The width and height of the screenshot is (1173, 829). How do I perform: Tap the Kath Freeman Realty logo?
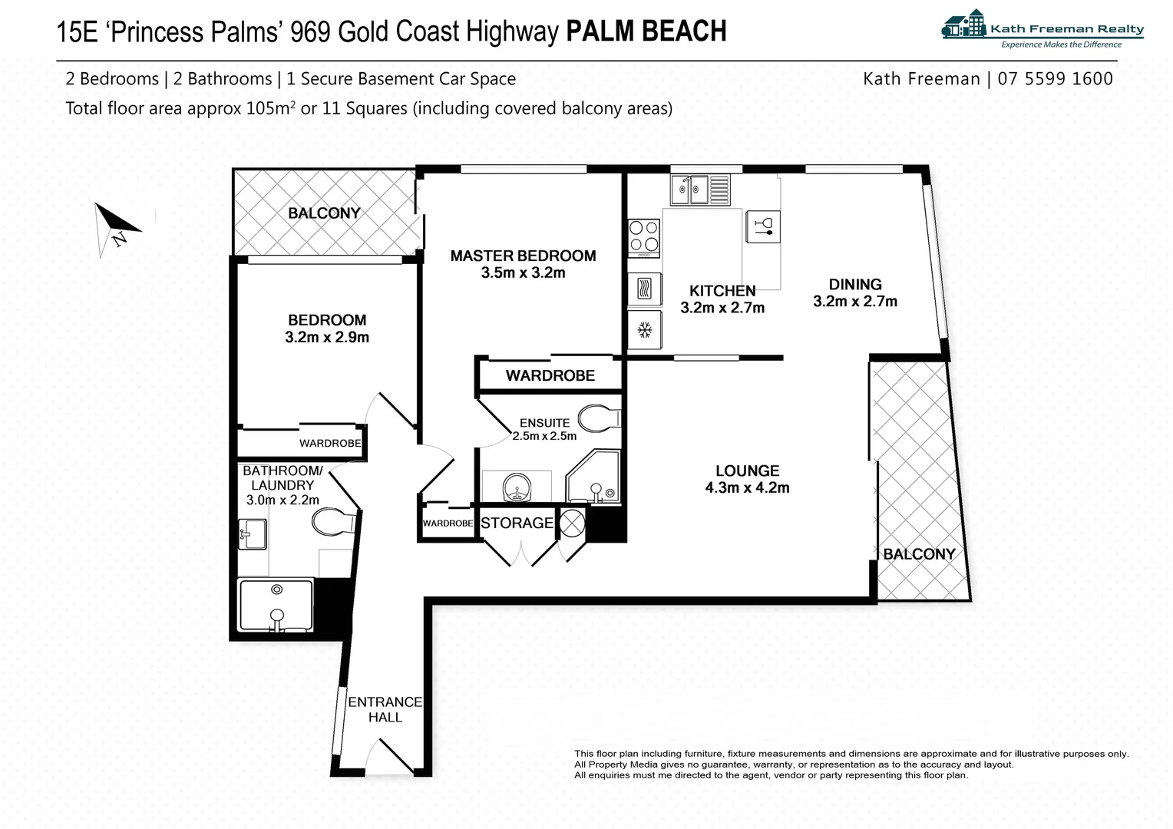tap(1042, 28)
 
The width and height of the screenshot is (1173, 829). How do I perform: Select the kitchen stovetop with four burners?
tap(643, 237)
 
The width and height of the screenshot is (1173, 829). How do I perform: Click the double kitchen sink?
tap(699, 189)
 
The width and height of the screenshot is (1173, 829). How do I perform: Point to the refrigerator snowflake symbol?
tap(644, 330)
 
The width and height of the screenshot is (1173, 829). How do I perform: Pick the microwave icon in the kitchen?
tap(644, 289)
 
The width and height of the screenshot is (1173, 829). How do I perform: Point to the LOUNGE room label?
tap(747, 471)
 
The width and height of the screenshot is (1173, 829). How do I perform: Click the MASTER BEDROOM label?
tap(523, 256)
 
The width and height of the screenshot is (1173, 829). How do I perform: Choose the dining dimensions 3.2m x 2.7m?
tap(854, 302)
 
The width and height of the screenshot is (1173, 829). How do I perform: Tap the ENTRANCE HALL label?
tap(385, 709)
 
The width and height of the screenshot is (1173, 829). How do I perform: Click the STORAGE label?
tap(517, 523)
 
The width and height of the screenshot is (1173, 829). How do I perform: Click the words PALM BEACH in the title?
tap(646, 31)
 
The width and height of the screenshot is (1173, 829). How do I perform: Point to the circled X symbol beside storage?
tap(572, 523)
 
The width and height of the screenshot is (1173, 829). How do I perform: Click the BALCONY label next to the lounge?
tap(919, 554)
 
